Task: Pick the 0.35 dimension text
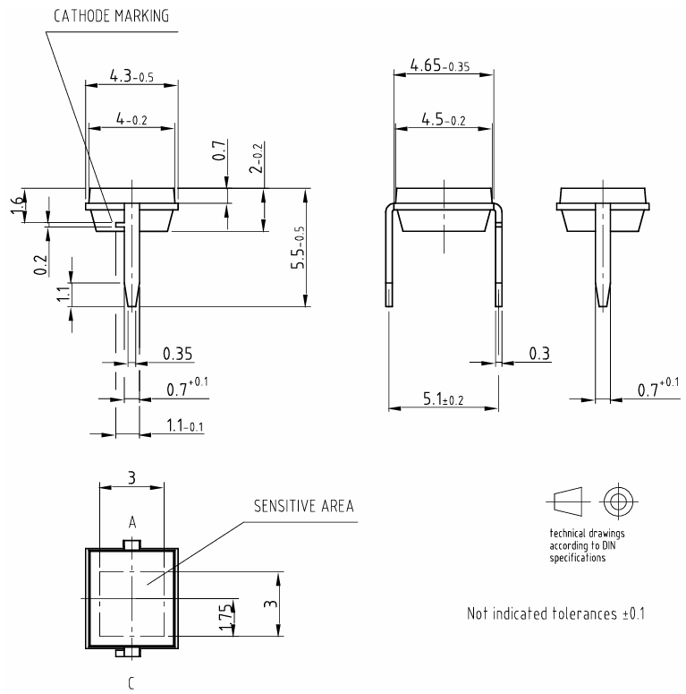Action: pos(177,354)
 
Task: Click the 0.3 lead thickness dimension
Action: pos(538,354)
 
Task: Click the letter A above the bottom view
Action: pos(131,521)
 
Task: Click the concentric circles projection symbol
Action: pos(615,501)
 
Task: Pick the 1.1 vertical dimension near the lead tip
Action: pos(62,295)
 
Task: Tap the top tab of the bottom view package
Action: pos(131,544)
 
